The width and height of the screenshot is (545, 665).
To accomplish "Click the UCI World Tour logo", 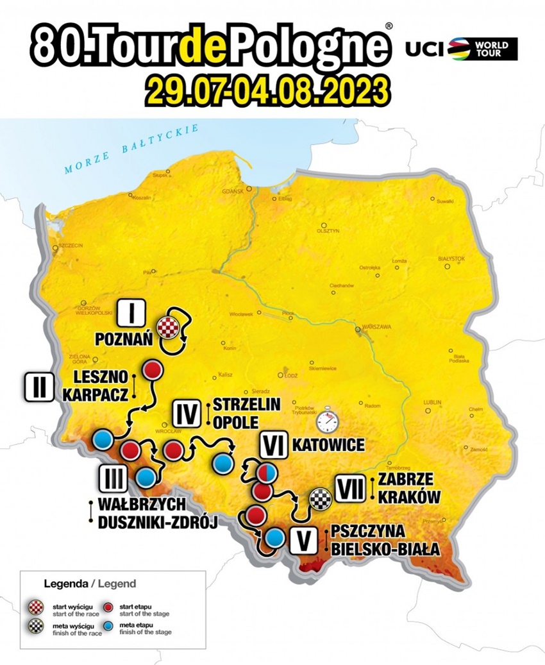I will [461, 48].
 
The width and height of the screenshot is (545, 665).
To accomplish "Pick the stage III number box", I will [113, 478].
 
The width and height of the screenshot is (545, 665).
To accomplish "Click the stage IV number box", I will [187, 413].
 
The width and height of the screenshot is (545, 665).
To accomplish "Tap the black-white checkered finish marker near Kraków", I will [319, 497].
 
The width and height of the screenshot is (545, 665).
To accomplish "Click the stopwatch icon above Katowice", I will [327, 421].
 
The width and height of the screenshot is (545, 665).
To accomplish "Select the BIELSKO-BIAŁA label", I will [385, 550].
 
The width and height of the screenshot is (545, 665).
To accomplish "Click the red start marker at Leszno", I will [153, 370].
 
